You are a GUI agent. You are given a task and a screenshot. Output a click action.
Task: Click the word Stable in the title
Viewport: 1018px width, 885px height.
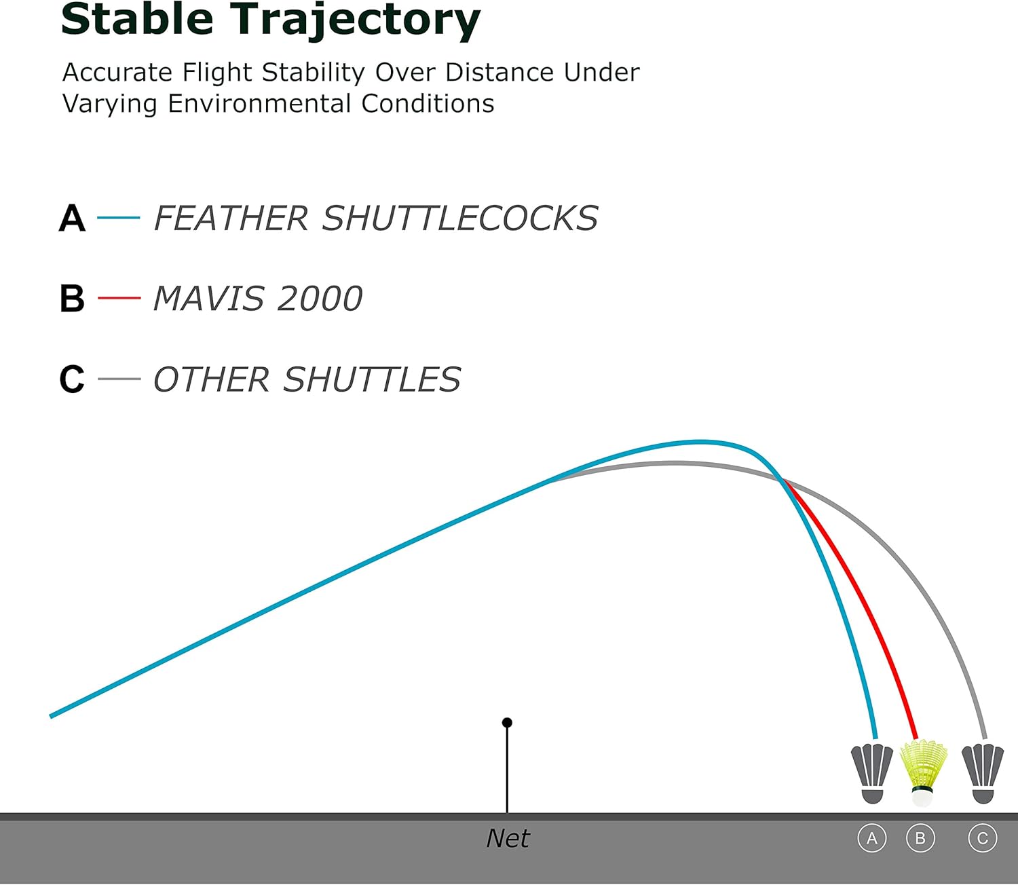click(x=137, y=19)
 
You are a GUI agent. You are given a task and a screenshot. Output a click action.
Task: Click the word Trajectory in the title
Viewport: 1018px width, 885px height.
click(x=355, y=22)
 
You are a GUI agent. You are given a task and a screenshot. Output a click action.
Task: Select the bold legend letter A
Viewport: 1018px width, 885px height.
click(x=72, y=218)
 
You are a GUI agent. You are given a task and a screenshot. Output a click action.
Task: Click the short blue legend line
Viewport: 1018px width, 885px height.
click(x=118, y=217)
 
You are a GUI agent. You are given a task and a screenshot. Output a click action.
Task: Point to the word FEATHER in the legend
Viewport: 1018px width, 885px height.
click(x=231, y=218)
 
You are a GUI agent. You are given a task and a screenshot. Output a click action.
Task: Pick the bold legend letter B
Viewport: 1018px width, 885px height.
click(x=72, y=299)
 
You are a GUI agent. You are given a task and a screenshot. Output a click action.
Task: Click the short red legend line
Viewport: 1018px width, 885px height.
click(x=119, y=298)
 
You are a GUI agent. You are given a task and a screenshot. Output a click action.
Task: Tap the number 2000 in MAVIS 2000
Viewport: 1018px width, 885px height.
click(x=320, y=299)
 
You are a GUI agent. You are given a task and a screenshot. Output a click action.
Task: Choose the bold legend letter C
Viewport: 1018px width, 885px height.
click(x=72, y=379)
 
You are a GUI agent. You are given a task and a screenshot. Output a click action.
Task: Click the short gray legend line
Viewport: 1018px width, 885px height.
click(x=119, y=379)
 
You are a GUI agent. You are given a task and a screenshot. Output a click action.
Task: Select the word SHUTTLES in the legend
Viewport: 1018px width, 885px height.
click(x=372, y=379)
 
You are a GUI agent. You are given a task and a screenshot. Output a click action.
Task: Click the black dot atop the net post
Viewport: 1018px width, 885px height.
click(x=507, y=722)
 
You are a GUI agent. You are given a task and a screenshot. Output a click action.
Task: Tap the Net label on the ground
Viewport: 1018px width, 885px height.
click(x=508, y=838)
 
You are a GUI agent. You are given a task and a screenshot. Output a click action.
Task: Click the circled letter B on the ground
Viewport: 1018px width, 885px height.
click(x=920, y=838)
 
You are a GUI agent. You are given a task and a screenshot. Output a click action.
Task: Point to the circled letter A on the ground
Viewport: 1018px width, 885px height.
click(x=872, y=838)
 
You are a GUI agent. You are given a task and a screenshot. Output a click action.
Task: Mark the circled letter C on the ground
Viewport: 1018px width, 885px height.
click(x=983, y=838)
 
